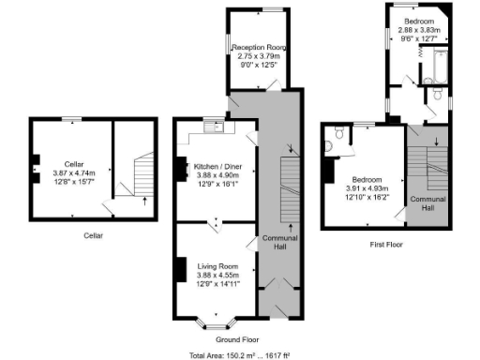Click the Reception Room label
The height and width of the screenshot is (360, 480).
260,46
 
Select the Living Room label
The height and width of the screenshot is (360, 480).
217,266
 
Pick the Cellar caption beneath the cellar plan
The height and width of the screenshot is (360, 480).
93,235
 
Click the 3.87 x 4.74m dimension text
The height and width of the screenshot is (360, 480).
67,172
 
